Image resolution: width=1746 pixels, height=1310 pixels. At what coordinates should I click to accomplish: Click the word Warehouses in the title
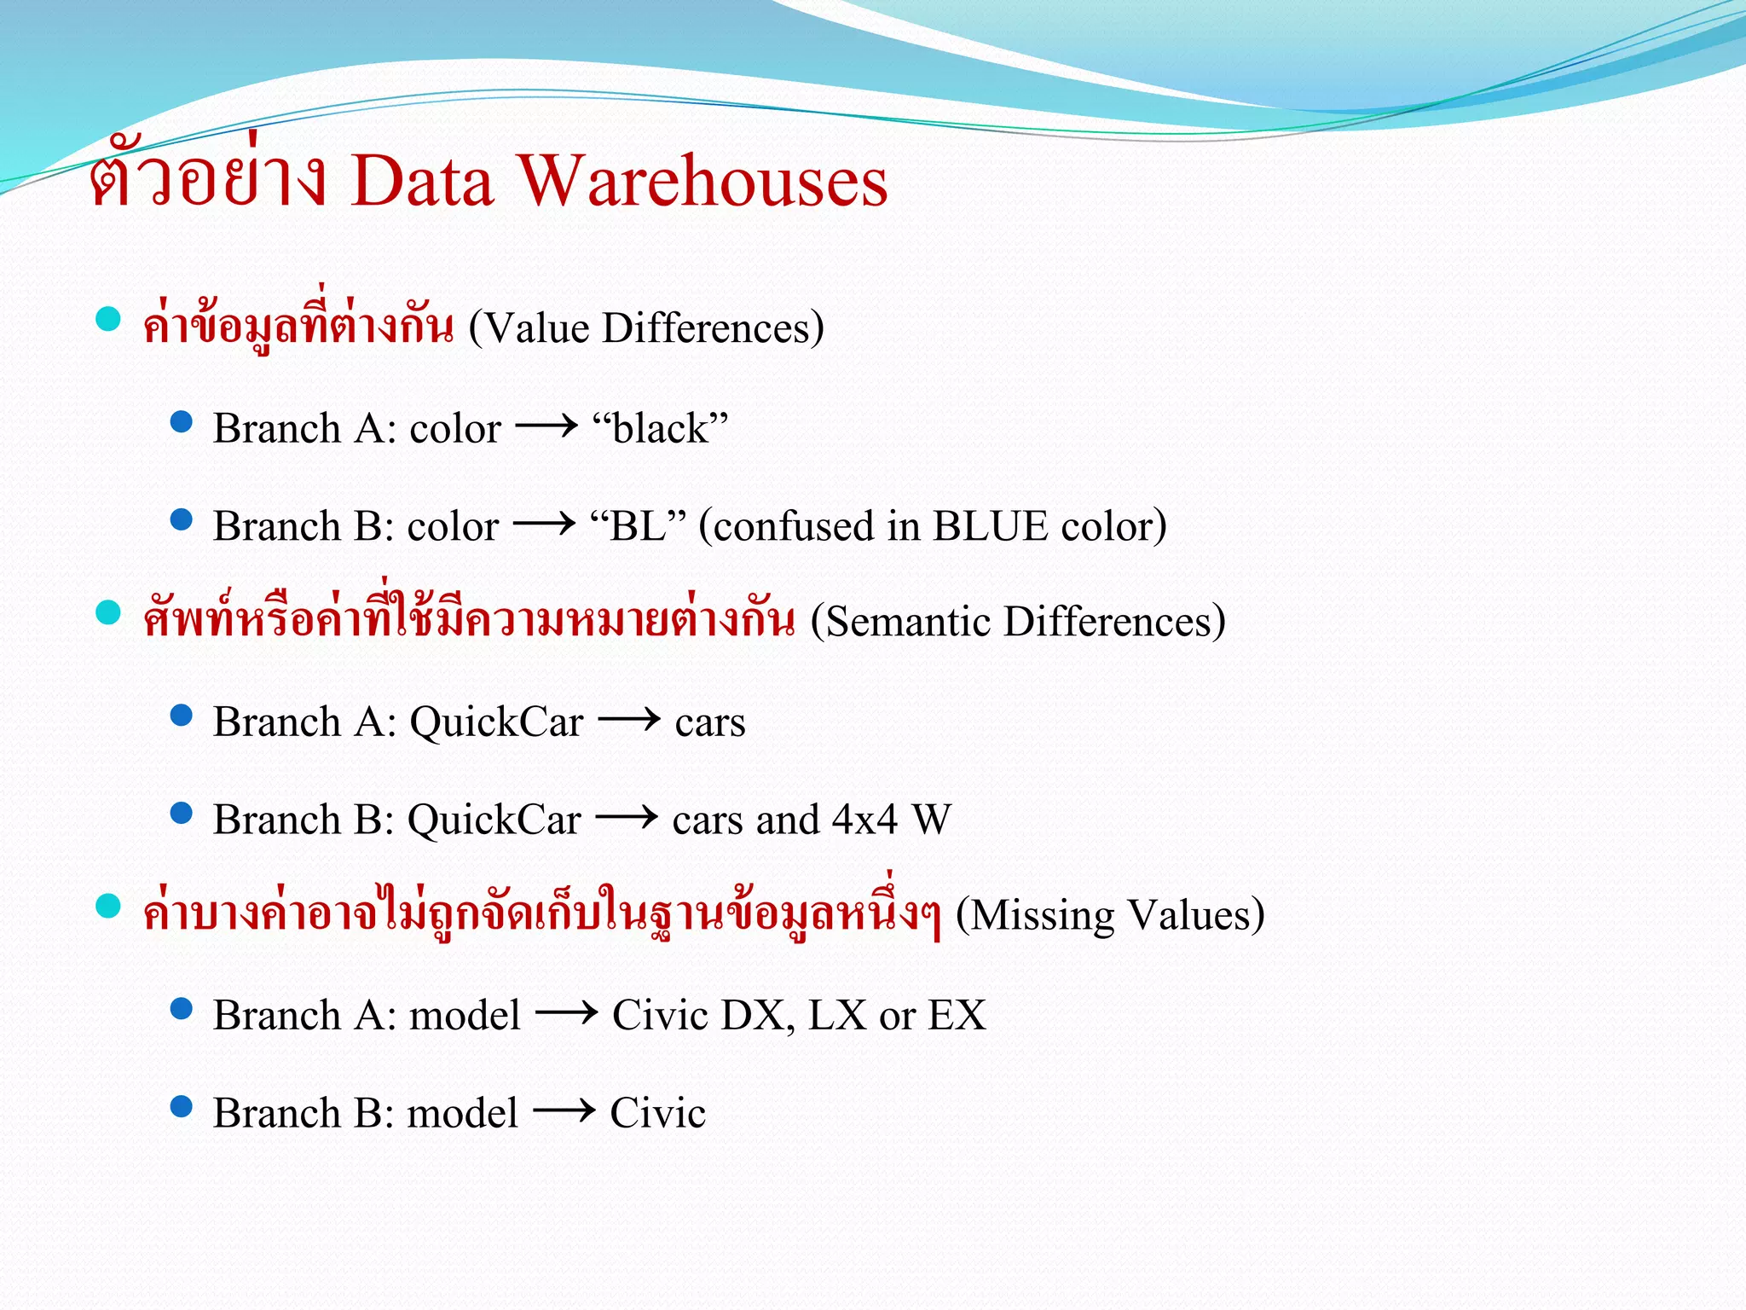pos(703,182)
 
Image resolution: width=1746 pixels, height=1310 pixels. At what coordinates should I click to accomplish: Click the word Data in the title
pos(422,182)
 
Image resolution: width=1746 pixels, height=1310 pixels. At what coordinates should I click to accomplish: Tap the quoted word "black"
pos(661,428)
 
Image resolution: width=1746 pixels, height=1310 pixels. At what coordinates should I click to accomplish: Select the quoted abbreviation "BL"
pos(638,526)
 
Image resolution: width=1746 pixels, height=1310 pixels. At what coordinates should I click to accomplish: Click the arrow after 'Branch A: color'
pos(546,426)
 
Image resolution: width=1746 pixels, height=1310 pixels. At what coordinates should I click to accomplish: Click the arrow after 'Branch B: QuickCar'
pos(627,818)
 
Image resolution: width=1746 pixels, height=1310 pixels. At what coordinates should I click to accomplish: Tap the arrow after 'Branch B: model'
pos(564,1111)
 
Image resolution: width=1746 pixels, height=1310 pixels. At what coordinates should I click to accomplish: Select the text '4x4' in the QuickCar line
pos(864,820)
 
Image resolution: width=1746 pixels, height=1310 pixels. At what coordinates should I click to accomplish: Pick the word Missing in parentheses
pos(1042,915)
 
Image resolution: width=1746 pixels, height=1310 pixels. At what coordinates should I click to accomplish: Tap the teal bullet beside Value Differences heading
pos(108,319)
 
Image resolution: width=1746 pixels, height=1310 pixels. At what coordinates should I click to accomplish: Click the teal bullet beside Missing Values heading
pos(108,906)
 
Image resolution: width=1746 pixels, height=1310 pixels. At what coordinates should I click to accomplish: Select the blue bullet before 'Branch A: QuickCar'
pos(182,715)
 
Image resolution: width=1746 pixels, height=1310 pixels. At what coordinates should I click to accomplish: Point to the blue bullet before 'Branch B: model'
pos(182,1106)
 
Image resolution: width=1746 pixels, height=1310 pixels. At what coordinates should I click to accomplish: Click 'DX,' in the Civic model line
pos(758,1016)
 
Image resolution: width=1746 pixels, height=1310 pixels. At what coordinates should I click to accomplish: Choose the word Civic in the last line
pos(657,1113)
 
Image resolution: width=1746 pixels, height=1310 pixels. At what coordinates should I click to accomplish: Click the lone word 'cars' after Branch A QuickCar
pos(710,723)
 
